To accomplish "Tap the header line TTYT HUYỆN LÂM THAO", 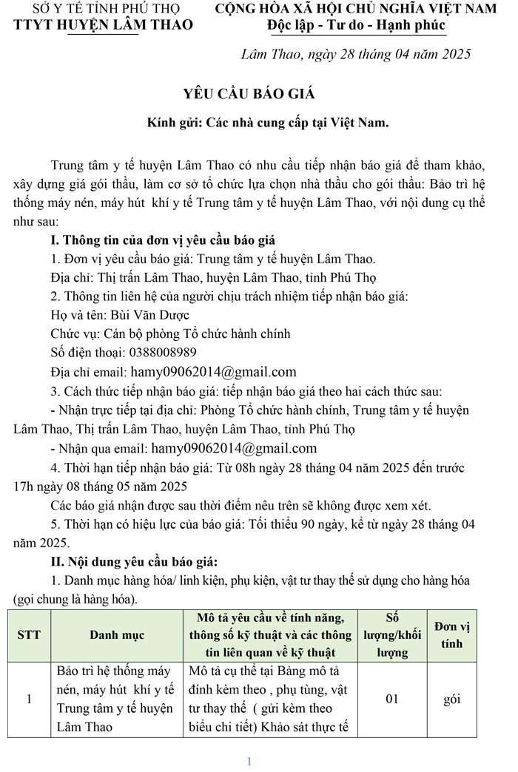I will pos(103,25).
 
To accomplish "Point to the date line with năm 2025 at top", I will pos(356,55).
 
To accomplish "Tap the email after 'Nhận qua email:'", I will pos(234,448).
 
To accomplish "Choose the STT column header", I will pos(29,634).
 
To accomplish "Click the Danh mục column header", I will pos(117,634).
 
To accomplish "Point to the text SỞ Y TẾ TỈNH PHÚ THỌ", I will pos(104,9).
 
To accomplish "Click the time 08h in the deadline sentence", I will pos(248,468).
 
